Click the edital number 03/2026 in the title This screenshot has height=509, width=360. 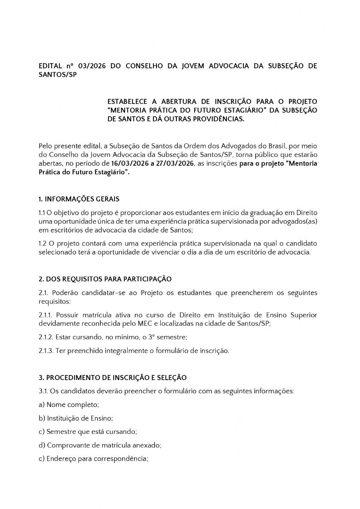coord(85,67)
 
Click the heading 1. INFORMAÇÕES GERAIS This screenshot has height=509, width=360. coord(79,199)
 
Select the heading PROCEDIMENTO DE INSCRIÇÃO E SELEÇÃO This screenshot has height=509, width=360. coord(116,378)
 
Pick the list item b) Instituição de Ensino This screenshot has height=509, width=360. coord(75,418)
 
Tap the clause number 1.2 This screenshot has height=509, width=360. coord(42,243)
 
